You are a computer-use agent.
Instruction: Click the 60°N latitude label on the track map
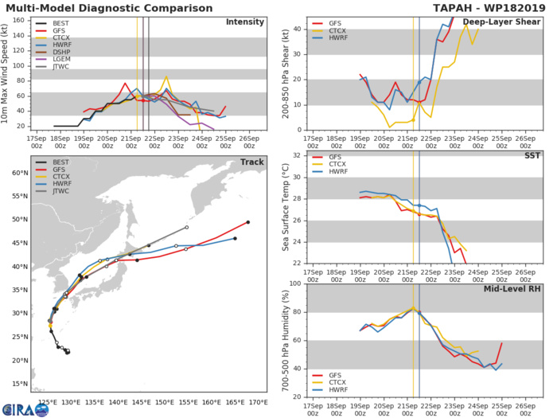pos(18,172)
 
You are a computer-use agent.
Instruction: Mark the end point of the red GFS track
pos(248,222)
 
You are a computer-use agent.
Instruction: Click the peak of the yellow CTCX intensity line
pos(166,77)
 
